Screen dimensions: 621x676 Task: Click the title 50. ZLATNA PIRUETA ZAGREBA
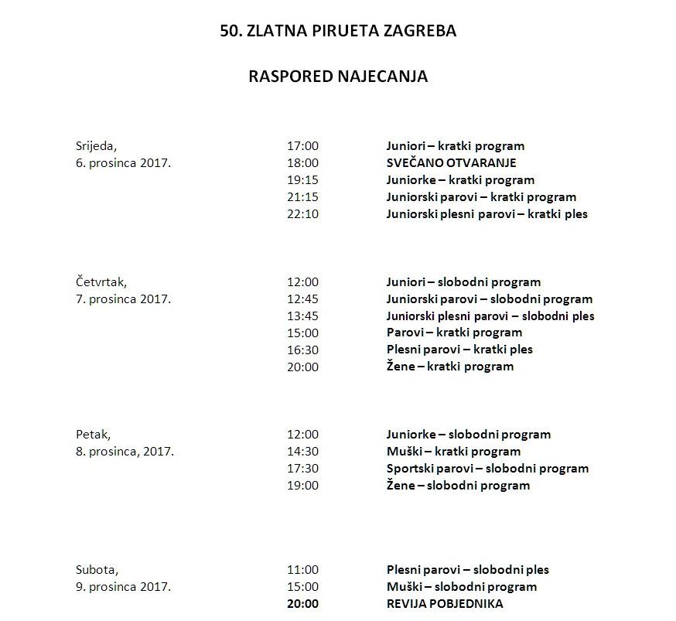click(x=338, y=32)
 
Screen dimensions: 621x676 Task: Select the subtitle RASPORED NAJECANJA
click(x=338, y=77)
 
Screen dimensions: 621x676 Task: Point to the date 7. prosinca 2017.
click(x=123, y=299)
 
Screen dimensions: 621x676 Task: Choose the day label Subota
click(x=97, y=570)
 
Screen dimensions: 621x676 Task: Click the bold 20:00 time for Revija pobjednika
click(x=302, y=604)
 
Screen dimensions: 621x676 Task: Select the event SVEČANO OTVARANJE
click(x=451, y=163)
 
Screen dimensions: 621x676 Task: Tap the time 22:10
click(x=302, y=214)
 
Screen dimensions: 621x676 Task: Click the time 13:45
click(x=302, y=316)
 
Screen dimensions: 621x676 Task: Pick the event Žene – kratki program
click(x=449, y=367)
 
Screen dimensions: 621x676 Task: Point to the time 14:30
click(x=302, y=452)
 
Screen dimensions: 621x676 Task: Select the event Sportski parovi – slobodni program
click(x=487, y=469)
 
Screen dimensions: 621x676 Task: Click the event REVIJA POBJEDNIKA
click(x=445, y=604)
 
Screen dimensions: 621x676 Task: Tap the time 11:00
click(x=302, y=570)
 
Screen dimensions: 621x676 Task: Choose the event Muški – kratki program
click(x=453, y=452)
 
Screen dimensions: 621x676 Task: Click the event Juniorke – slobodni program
click(x=468, y=435)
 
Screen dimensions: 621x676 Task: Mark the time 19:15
click(x=302, y=180)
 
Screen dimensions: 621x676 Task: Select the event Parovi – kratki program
click(x=454, y=333)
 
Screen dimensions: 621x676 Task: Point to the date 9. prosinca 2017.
click(x=123, y=587)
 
